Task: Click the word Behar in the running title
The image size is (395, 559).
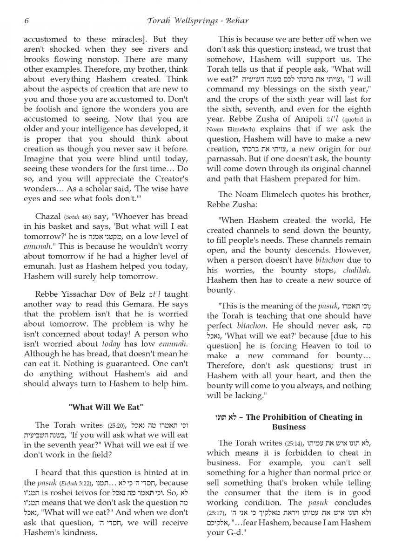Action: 237,20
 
